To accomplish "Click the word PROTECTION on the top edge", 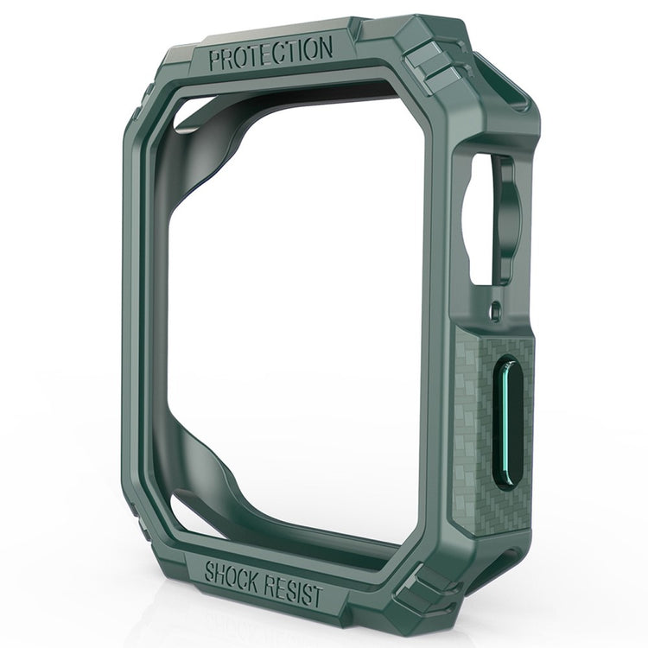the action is [x=270, y=54].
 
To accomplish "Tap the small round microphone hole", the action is [x=496, y=307].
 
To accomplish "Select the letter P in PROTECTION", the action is [x=215, y=59].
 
